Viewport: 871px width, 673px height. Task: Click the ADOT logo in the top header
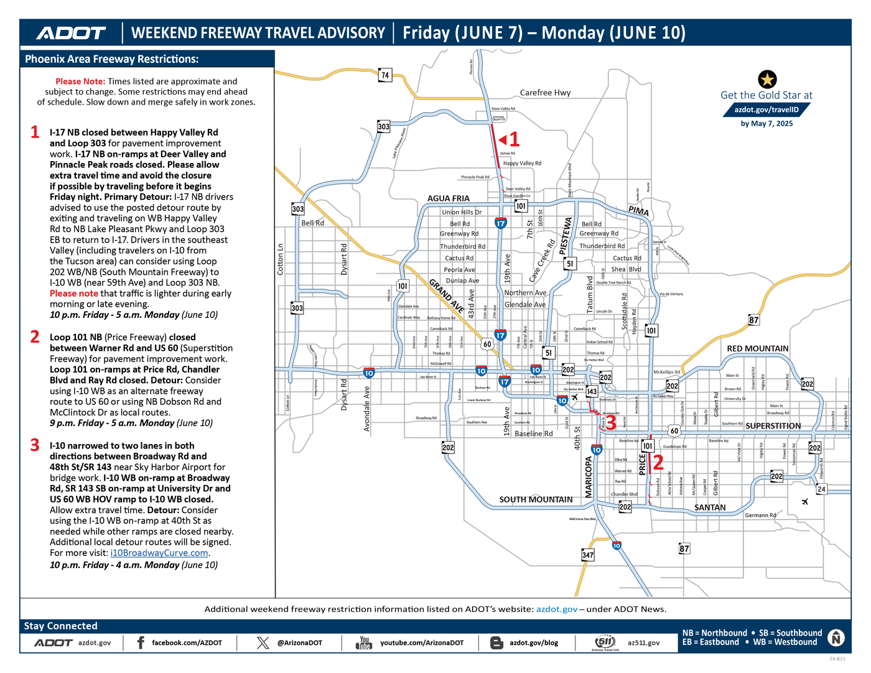(x=71, y=33)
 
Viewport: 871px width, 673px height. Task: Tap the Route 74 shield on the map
(x=385, y=75)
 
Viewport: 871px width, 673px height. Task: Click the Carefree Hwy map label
(x=545, y=93)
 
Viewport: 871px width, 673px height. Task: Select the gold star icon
(x=767, y=79)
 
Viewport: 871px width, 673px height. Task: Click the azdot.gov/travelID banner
(x=766, y=109)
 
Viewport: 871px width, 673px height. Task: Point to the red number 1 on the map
(x=514, y=139)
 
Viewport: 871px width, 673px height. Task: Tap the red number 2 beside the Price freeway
(x=658, y=462)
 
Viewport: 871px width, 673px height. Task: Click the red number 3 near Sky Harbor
(x=611, y=422)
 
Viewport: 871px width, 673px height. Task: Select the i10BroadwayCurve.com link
(x=159, y=553)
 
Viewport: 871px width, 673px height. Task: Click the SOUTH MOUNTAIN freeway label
(x=536, y=499)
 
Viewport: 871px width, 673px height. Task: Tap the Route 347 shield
(x=587, y=555)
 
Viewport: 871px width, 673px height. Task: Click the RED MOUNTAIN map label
(x=757, y=349)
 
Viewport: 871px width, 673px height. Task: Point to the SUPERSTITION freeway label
(x=773, y=426)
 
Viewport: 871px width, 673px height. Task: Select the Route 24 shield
(x=821, y=490)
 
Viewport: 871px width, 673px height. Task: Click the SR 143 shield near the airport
(x=592, y=391)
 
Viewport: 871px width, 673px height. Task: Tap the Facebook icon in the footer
(x=141, y=643)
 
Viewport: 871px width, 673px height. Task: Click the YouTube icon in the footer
(x=364, y=643)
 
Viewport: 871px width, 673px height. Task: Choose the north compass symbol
(x=836, y=638)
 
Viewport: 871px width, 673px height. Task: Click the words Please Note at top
(x=80, y=81)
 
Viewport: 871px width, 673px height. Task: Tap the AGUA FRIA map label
(x=448, y=198)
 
